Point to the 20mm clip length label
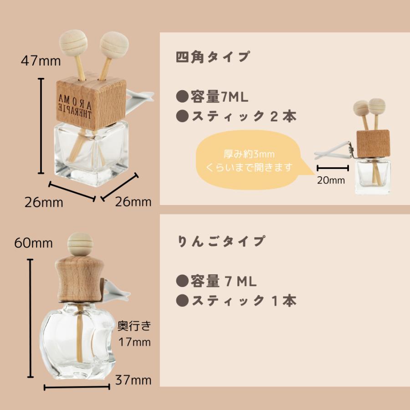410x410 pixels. click(x=331, y=180)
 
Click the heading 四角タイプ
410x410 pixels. click(x=212, y=57)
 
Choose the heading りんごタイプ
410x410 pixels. click(x=220, y=240)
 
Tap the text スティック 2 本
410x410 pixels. click(x=236, y=117)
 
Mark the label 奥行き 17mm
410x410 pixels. click(x=134, y=333)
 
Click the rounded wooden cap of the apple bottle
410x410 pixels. click(x=77, y=279)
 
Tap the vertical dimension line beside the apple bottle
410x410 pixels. click(x=31, y=319)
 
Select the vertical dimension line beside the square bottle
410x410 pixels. click(x=41, y=126)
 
